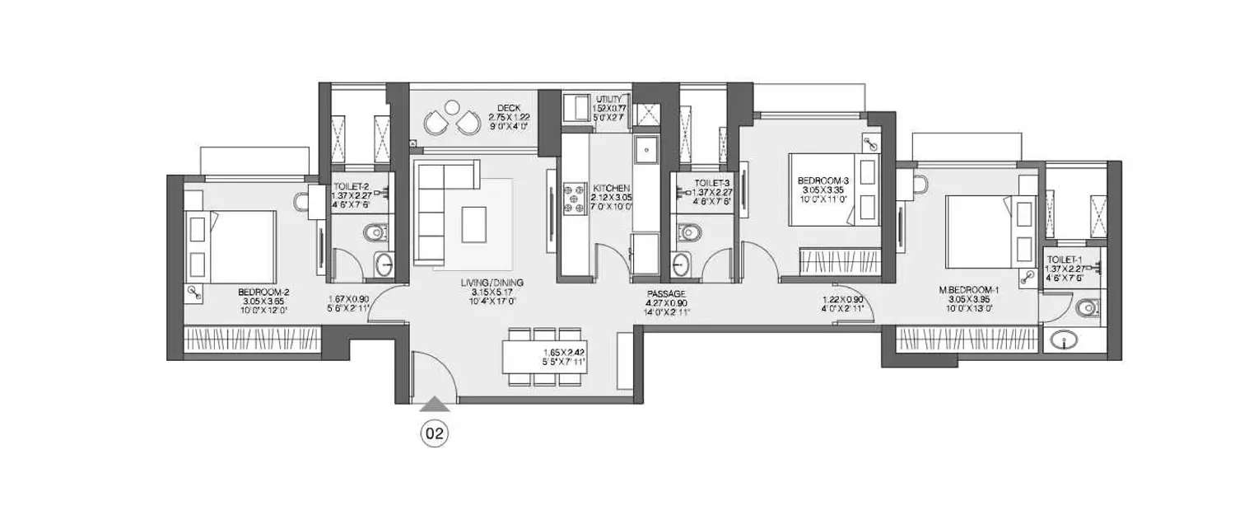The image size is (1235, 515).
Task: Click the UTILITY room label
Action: pos(610,99)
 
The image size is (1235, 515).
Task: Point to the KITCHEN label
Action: pos(612,189)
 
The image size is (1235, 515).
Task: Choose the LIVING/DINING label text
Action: pos(492,283)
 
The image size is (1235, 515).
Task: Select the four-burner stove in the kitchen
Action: pos(571,199)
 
